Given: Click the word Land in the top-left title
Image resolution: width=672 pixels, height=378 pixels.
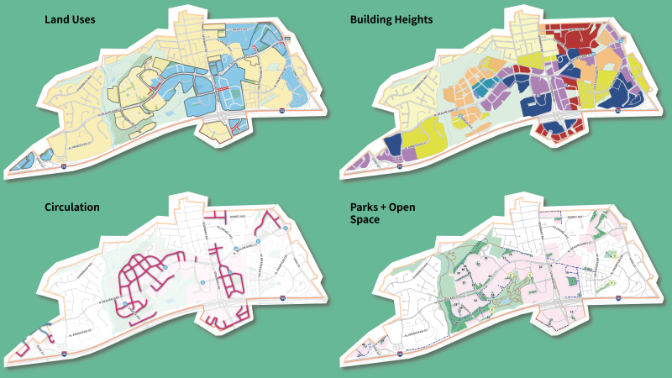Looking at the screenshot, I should click(x=57, y=18).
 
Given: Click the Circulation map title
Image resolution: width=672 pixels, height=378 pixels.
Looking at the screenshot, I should click(x=73, y=206).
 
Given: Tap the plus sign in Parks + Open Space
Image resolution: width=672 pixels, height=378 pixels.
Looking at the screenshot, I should click(x=391, y=206).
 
